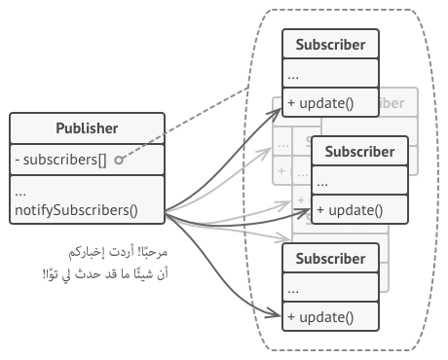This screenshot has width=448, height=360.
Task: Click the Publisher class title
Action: pyautogui.click(x=88, y=128)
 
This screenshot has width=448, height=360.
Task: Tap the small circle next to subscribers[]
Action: pyautogui.click(x=118, y=159)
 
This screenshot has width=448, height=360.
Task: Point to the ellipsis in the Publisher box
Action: pyautogui.click(x=20, y=191)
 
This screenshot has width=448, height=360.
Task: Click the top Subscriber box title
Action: pyautogui.click(x=331, y=45)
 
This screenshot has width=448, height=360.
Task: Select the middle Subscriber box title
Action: pyautogui.click(x=359, y=152)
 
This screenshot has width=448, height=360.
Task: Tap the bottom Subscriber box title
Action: pyautogui.click(x=331, y=259)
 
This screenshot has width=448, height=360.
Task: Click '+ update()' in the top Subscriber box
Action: pyautogui.click(x=319, y=102)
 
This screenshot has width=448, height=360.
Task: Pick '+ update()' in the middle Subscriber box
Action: pyautogui.click(x=349, y=209)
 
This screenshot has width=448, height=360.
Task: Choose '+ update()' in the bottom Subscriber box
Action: pyautogui.click(x=319, y=316)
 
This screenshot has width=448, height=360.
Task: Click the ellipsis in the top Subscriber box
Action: pyautogui.click(x=294, y=74)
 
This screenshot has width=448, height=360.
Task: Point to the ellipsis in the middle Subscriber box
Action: pyautogui.click(x=322, y=181)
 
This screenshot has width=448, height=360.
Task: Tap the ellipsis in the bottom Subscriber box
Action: pyautogui.click(x=294, y=288)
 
